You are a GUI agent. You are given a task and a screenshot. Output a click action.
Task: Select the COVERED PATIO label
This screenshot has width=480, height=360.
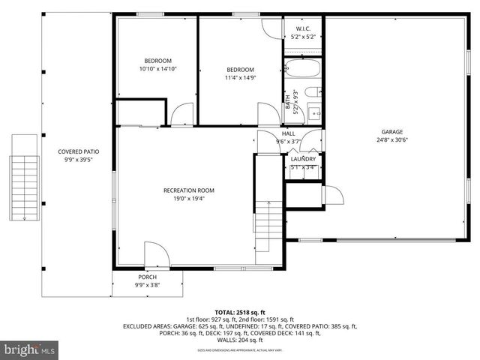point(79,151)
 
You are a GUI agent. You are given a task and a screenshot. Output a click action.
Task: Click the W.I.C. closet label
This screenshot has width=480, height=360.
point(293,28)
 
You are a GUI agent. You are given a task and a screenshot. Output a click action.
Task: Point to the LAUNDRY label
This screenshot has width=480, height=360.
point(303,159)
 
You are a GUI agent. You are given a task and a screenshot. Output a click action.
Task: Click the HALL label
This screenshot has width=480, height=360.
point(288,133)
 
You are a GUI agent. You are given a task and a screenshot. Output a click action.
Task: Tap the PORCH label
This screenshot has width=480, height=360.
point(147,277)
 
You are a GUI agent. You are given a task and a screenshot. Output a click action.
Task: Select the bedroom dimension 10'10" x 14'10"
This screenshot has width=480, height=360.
point(158,69)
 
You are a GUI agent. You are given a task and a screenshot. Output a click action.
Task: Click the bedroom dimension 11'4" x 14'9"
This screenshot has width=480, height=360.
point(240,77)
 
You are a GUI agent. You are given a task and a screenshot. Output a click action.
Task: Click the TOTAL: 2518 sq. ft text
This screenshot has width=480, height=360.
point(240,312)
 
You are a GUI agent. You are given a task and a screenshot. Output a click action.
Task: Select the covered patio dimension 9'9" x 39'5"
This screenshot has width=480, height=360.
point(79,159)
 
